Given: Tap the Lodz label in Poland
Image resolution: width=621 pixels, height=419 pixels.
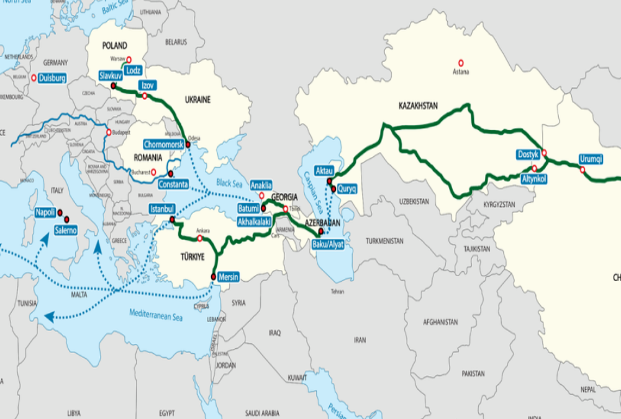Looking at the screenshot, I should coord(133,71).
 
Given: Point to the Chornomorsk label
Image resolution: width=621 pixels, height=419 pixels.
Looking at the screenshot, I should coord(163,143).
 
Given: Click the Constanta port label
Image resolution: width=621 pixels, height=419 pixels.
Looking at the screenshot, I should coord(173,184).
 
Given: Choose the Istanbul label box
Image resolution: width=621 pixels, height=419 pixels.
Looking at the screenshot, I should coord(163,209).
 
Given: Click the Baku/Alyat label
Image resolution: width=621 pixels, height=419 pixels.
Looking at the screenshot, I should coord(328,244).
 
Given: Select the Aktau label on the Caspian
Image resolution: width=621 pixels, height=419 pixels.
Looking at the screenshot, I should coord(325,170).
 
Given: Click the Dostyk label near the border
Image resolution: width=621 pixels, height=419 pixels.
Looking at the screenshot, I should coord(528,154).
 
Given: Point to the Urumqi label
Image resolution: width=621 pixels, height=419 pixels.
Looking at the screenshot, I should coord(591,158).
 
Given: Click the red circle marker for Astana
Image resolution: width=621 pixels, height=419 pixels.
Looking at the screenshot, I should coord(461,63).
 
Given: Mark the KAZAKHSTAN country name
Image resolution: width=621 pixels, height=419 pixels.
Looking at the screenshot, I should coord(422,106).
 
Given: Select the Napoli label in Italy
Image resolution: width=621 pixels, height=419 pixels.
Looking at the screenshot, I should coord(45,212).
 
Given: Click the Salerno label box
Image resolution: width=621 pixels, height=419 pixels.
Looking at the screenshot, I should coord(66,230).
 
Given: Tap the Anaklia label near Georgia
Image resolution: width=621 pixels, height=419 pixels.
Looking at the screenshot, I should coord(261,185).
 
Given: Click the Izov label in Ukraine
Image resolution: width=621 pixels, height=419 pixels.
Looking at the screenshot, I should coord(148,85).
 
